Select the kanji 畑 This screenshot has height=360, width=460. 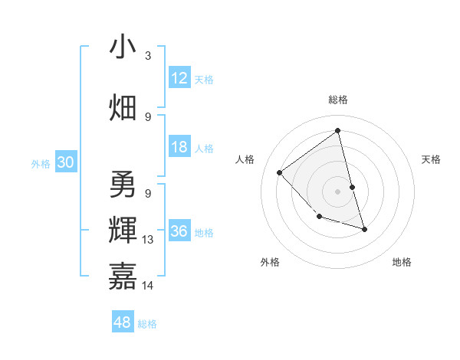tap(123, 106)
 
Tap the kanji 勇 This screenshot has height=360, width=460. tap(123, 184)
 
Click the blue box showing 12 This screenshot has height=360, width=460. tap(179, 78)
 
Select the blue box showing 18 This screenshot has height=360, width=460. tap(179, 147)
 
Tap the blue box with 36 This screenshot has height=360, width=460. tap(179, 232)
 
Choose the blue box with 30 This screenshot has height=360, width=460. tap(65, 162)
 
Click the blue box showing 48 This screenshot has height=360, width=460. tap(123, 322)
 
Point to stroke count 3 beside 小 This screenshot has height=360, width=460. tap(148, 56)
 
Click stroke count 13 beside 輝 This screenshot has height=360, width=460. tap(148, 240)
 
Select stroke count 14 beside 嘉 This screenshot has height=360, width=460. tap(148, 286)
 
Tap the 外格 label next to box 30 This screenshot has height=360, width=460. tap(41, 163)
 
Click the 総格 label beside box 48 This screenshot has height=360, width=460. tap(147, 324)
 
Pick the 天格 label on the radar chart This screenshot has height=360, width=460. tap(432, 159)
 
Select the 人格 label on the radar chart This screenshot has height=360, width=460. tap(245, 159)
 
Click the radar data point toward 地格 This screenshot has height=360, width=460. tap(364, 229)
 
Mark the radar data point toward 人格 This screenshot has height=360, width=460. tap(280, 172)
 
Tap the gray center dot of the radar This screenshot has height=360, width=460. tap(337, 191)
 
